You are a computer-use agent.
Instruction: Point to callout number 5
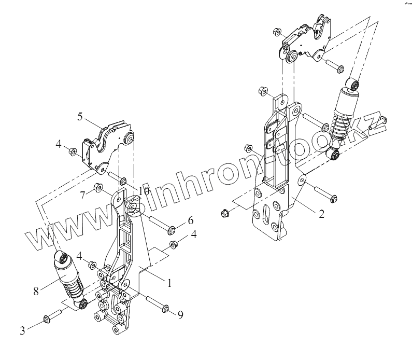[x=81, y=116]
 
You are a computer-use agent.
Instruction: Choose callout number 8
[x=36, y=292]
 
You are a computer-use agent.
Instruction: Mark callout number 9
[x=180, y=315]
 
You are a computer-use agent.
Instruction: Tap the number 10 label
[x=144, y=191]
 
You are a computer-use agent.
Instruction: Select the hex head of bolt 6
[x=172, y=228]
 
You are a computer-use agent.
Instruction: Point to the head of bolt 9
[x=166, y=309]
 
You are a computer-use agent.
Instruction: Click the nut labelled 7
[x=98, y=188]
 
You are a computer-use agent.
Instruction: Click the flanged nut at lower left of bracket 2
[x=224, y=212]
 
